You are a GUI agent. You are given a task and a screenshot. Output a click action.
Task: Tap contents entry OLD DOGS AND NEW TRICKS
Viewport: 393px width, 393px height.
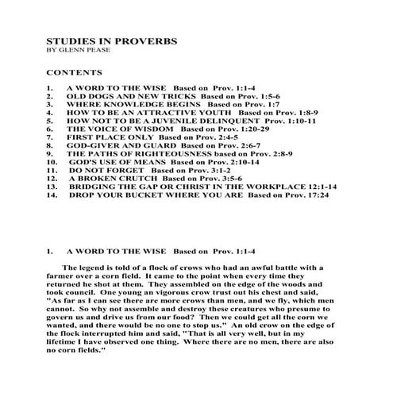pyautogui.click(x=115, y=95)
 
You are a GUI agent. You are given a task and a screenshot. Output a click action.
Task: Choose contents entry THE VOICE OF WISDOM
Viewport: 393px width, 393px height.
pyautogui.click(x=105, y=129)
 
